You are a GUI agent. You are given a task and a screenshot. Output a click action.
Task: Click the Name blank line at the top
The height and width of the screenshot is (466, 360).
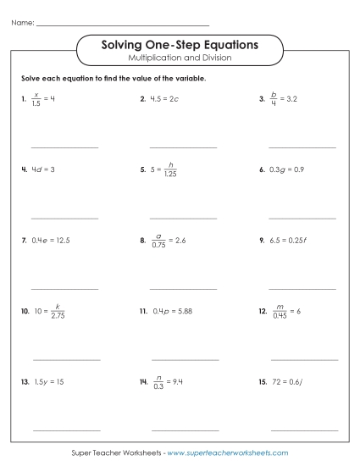point(123,24)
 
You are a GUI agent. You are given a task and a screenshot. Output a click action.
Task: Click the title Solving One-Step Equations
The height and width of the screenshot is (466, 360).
point(180,44)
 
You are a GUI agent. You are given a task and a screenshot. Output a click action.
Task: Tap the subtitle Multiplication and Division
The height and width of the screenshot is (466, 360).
point(180,58)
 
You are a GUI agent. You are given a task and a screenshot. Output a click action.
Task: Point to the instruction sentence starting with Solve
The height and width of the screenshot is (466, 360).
point(114,78)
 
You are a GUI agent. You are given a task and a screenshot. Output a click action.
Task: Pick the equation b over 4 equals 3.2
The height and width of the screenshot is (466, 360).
point(285,99)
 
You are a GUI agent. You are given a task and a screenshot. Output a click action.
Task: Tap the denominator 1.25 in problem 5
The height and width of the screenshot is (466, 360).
point(170,175)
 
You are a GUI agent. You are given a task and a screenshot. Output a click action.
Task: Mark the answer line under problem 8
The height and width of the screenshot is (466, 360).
point(182,289)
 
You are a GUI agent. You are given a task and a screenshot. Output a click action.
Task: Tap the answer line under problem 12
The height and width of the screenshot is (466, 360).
point(302,360)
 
